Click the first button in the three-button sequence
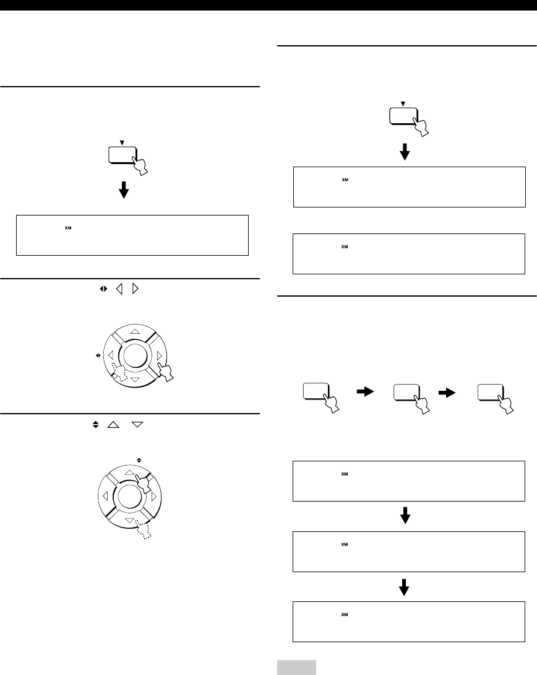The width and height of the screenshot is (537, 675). [316, 393]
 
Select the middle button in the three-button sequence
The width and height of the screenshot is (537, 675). [405, 393]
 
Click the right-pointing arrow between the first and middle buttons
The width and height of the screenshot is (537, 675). [364, 391]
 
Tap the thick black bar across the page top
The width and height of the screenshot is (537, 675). [268, 5]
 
